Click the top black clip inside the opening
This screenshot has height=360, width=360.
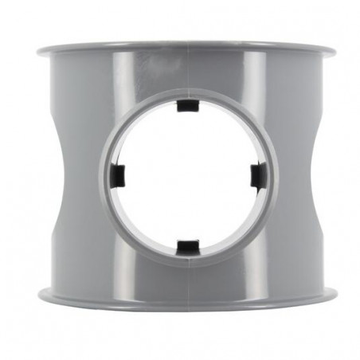point(187,106)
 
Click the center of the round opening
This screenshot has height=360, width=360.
point(187,175)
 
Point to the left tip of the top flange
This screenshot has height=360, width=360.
point(36,53)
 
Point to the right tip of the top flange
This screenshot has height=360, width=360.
point(335,53)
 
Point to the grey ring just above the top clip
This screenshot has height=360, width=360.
point(187,92)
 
